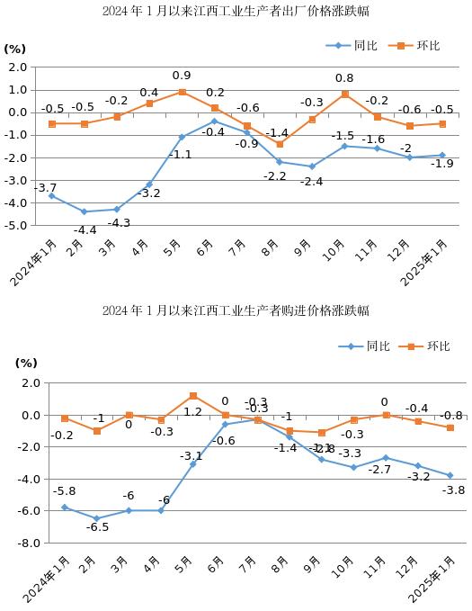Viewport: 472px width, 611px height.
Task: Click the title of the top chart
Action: [236, 11]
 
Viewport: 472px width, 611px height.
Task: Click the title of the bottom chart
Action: [236, 310]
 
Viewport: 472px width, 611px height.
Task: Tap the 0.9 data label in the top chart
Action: [182, 76]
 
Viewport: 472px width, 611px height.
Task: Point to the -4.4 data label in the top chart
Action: [85, 230]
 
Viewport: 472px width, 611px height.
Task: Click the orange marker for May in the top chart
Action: [182, 92]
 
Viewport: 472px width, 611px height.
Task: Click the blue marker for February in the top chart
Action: [85, 211]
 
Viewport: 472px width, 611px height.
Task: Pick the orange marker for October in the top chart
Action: [344, 94]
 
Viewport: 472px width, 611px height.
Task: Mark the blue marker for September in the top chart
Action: [312, 166]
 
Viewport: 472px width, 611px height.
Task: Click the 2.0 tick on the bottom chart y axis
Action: [30, 383]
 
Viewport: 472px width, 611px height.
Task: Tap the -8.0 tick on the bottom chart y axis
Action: [28, 543]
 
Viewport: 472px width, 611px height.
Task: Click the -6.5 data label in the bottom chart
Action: [97, 527]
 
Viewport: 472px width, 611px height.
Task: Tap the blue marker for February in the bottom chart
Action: [97, 518]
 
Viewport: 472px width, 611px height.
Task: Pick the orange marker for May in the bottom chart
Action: [193, 396]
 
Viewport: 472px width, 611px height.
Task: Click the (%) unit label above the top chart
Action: [15, 49]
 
